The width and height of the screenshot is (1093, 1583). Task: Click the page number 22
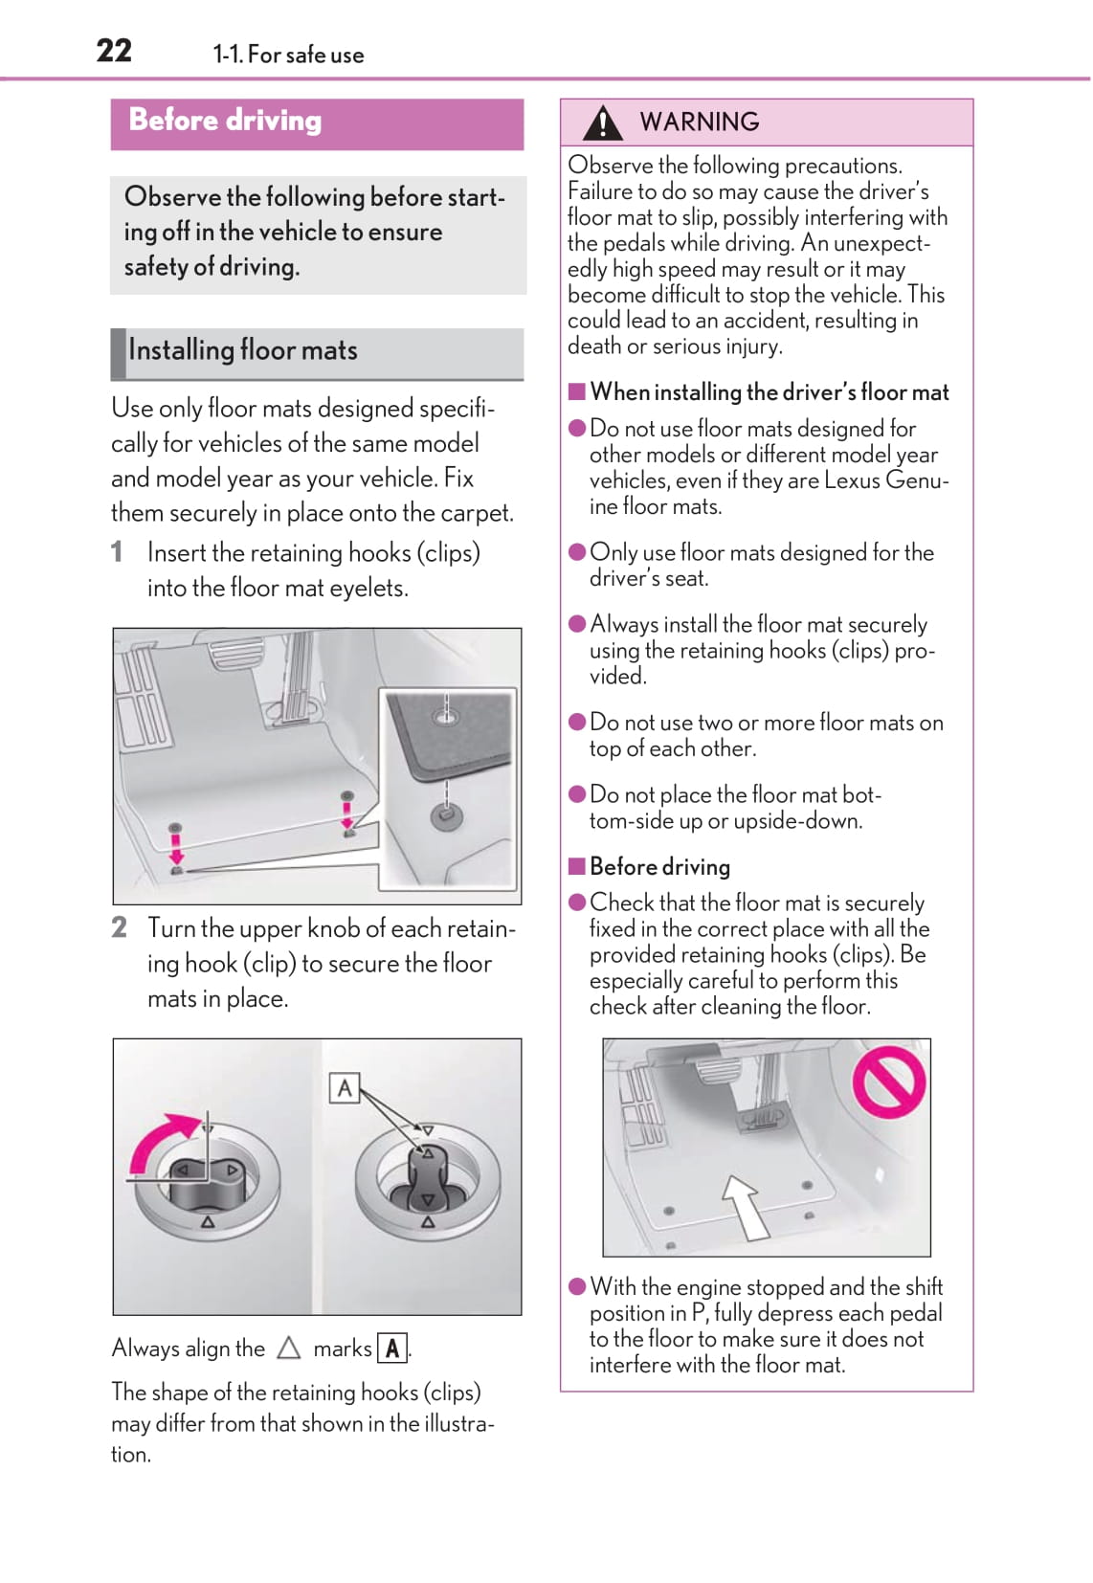point(114,50)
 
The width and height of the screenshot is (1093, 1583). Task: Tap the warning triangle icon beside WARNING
point(602,123)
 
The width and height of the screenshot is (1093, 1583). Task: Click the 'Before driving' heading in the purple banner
point(225,121)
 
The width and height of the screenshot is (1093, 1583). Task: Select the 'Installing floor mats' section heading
point(243,350)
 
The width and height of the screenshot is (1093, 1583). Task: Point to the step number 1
point(117,552)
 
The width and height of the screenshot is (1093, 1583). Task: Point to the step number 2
point(119,927)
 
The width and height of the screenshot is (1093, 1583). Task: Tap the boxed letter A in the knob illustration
point(345,1088)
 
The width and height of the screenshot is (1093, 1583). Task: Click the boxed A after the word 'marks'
point(392,1349)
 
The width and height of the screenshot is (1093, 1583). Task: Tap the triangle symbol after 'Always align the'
point(288,1349)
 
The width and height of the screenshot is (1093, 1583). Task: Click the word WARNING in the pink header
point(699,122)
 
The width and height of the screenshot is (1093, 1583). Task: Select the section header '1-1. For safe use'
point(288,55)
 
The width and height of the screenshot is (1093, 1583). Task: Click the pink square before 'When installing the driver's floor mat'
point(576,391)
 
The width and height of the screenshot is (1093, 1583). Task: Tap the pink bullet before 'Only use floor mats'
point(577,552)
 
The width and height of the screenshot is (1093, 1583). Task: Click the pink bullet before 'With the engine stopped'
point(577,1286)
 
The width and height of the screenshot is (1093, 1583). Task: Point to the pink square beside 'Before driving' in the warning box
point(576,866)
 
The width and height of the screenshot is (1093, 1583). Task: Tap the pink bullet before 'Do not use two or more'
point(577,723)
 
